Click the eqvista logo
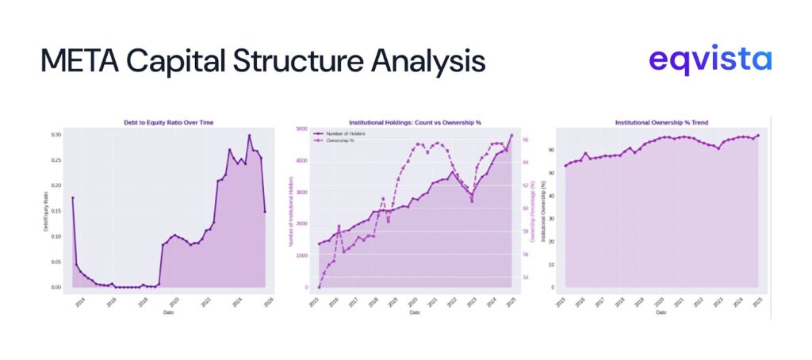click(x=710, y=60)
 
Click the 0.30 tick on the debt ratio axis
click(x=55, y=135)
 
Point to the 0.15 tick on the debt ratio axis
click(x=55, y=211)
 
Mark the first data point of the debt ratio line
click(x=72, y=197)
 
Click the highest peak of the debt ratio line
click(x=249, y=136)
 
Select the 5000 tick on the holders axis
click(x=301, y=128)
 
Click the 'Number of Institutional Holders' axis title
click(x=290, y=209)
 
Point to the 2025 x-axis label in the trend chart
click(x=757, y=302)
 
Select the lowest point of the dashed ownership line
click(x=319, y=287)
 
